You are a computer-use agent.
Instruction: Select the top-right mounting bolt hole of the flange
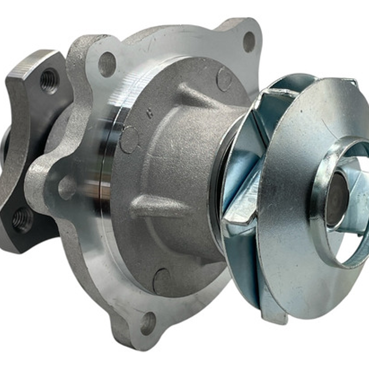[x=249, y=42]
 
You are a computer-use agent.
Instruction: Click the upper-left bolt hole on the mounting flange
[x=107, y=64]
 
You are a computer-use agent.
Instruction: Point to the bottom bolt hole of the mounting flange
[x=148, y=323]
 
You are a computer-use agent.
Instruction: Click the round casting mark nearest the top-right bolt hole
[x=224, y=79]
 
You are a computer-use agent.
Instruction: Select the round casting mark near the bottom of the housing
[x=162, y=280]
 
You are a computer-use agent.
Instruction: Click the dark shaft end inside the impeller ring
[x=337, y=198]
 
